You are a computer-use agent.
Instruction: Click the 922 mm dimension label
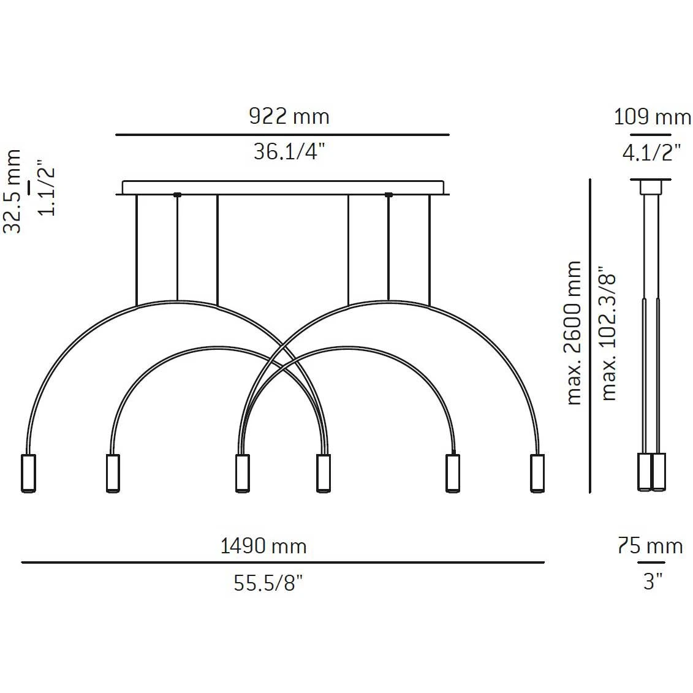[289, 116]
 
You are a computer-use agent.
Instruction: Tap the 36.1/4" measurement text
[289, 151]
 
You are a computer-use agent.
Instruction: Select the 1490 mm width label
[263, 547]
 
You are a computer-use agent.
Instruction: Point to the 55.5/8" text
[268, 583]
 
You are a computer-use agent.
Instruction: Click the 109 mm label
[653, 117]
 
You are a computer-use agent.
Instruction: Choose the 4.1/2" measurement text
[651, 153]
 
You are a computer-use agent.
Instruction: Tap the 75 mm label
[650, 547]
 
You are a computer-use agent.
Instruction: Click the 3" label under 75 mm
[653, 581]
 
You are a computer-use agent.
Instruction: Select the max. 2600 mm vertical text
[574, 333]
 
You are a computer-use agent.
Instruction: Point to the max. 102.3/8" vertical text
[608, 333]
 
